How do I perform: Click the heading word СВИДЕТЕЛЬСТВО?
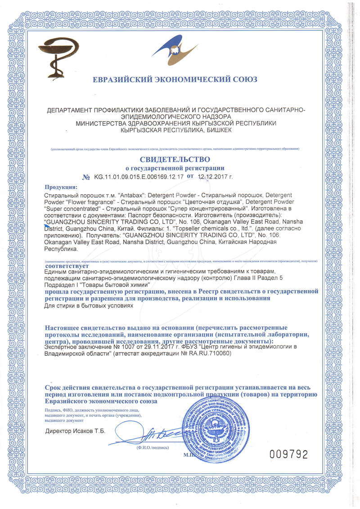tap(175, 159)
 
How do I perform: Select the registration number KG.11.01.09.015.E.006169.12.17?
tap(139, 177)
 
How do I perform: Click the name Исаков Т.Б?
tap(88, 431)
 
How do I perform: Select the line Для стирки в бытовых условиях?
tap(90, 306)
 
